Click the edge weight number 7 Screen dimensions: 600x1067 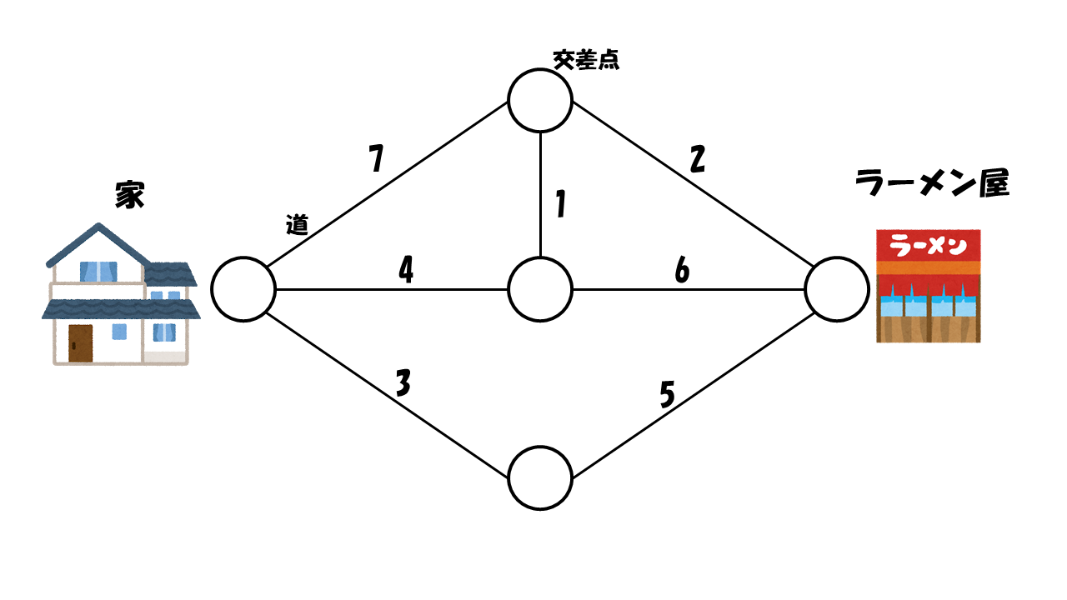tap(378, 158)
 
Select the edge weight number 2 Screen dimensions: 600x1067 tap(698, 159)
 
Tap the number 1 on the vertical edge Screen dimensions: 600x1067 tap(561, 204)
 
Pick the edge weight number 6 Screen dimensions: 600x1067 tap(683, 270)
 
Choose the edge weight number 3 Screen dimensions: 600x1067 tap(403, 383)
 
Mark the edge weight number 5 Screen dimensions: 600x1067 tap(667, 395)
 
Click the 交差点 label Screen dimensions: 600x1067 tap(586, 59)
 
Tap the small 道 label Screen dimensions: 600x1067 tap(297, 224)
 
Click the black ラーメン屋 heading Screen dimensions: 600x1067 tap(933, 183)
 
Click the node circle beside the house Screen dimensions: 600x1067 tap(243, 289)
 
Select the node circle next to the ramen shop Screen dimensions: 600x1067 tap(837, 289)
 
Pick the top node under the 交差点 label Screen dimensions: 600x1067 tap(540, 100)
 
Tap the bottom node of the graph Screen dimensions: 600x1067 tap(540, 478)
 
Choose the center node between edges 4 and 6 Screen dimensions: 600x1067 tap(540, 289)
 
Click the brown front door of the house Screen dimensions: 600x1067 tap(81, 342)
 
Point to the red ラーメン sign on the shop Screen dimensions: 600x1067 tap(929, 245)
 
